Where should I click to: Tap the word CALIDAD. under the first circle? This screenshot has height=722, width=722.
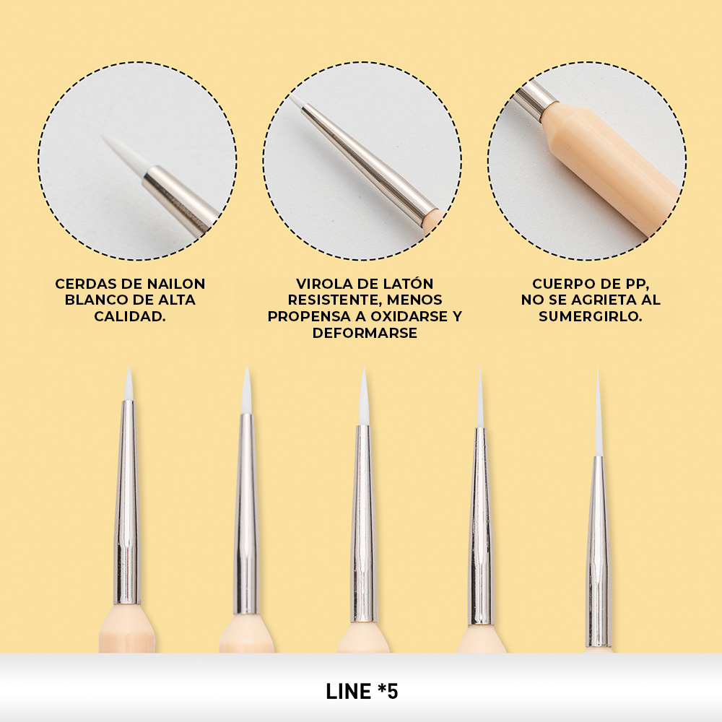[130, 316]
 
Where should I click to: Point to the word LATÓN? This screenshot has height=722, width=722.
[409, 283]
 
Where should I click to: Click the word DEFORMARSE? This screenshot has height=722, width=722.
[365, 333]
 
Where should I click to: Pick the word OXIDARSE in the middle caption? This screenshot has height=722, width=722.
[405, 316]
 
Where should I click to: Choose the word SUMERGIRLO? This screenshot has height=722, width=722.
[591, 316]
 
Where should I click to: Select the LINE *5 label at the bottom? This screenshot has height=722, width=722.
[362, 691]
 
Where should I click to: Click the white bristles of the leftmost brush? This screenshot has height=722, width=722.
[129, 386]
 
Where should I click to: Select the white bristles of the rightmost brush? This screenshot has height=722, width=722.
[598, 414]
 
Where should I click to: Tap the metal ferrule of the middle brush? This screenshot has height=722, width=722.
[363, 525]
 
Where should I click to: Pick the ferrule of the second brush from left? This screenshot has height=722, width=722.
[247, 513]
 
